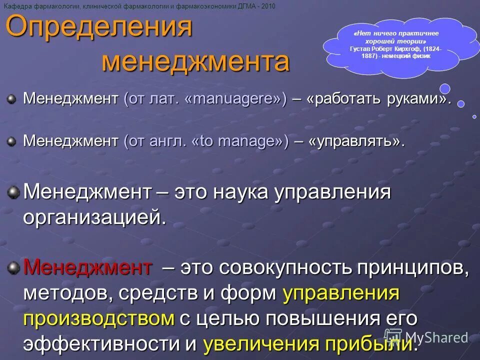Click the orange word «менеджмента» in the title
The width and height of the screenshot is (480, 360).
pos(195,62)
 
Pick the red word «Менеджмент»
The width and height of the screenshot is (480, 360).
pos(87,268)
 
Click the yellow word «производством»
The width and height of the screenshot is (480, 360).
pos(98,318)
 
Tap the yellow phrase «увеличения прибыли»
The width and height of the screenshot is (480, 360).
pos(308,344)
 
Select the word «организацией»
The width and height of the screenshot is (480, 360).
pos(94,217)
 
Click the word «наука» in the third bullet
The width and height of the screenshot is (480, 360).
pos(242,192)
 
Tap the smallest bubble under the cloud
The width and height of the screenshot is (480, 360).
pos(474,116)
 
